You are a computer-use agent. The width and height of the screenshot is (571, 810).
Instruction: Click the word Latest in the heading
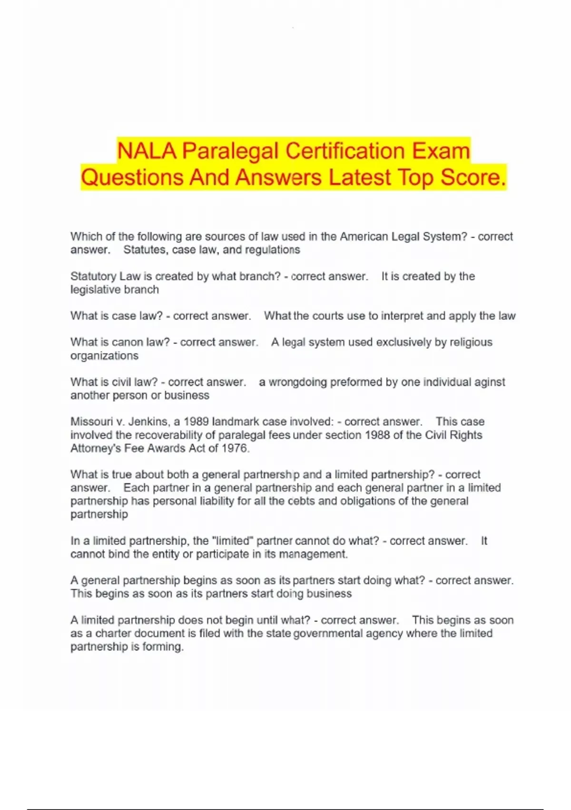tap(360, 177)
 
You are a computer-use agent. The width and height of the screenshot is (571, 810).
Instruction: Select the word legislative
tap(95, 290)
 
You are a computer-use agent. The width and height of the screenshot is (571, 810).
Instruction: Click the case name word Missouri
tap(93, 422)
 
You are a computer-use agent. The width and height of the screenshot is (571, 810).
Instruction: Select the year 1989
tap(197, 422)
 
